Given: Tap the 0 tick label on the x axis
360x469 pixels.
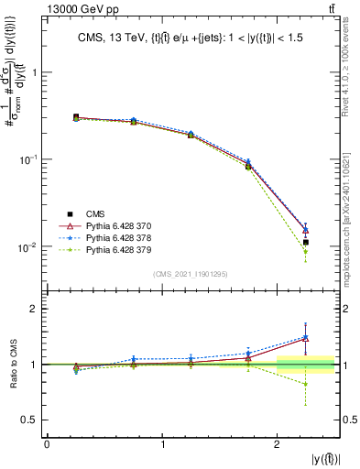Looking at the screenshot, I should (x=47, y=444).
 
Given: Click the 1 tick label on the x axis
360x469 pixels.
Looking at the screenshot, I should (x=162, y=444).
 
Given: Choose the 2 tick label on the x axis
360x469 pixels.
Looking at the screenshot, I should (x=278, y=444).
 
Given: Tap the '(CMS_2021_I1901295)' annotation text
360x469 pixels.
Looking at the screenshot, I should (x=190, y=275).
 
